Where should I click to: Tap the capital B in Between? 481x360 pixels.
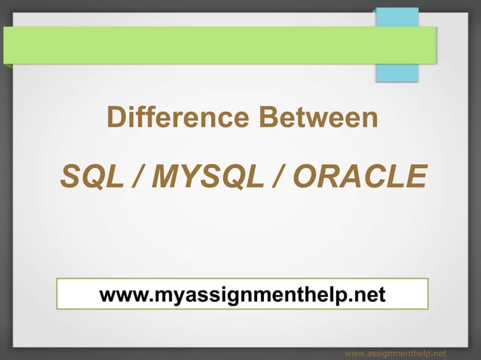pos(269,118)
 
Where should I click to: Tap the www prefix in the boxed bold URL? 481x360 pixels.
pos(123,294)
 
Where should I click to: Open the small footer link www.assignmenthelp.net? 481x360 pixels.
pos(394,352)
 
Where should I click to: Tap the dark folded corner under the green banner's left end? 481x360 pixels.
pos(7,66)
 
